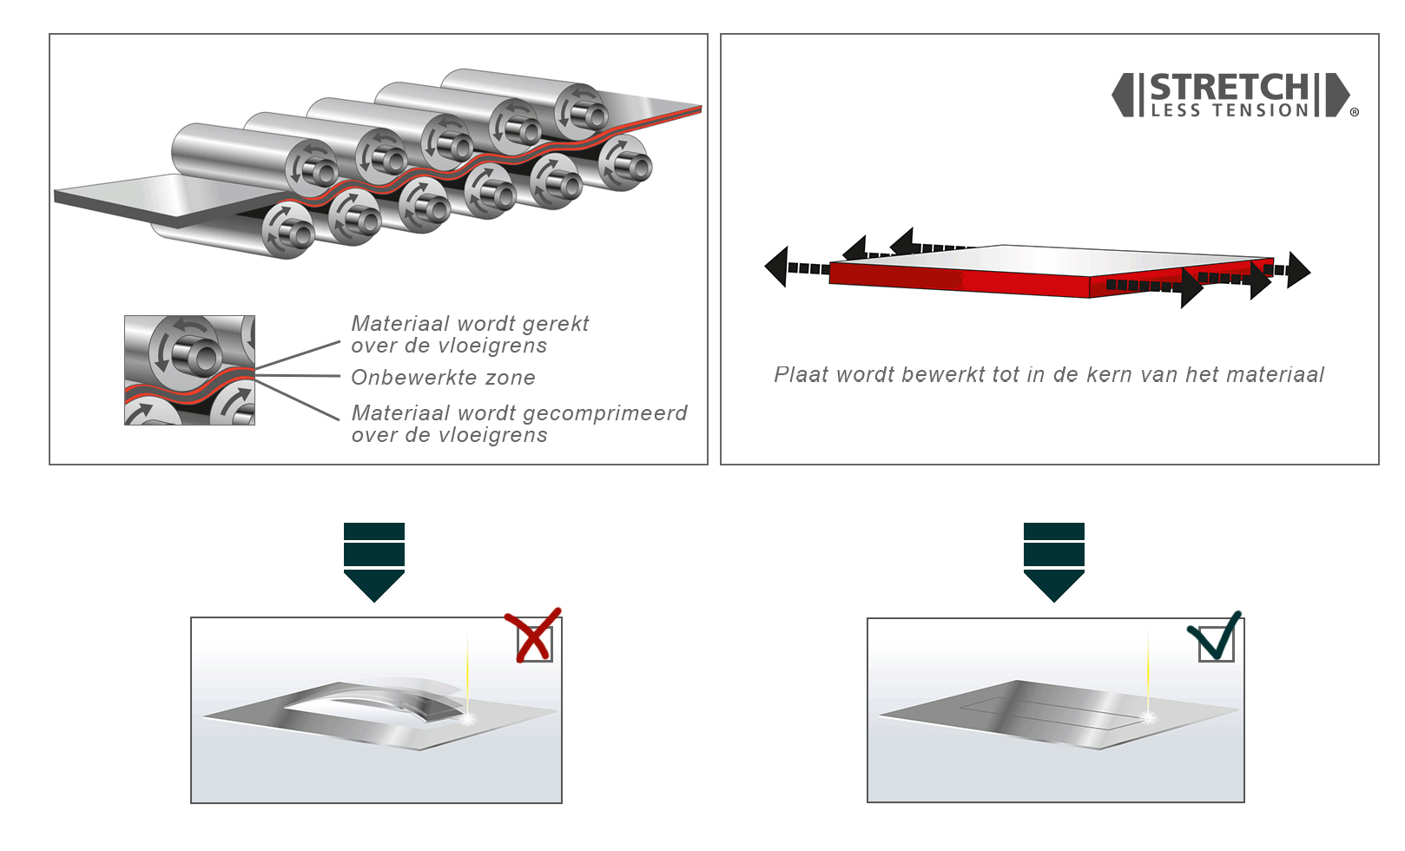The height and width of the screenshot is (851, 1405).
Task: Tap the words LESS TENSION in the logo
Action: tap(1230, 110)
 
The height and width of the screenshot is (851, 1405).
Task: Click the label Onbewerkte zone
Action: tap(443, 378)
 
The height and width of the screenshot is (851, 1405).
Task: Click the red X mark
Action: tap(533, 636)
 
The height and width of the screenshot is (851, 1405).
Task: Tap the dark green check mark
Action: tap(1215, 637)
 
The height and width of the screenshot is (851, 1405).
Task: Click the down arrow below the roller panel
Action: tap(374, 562)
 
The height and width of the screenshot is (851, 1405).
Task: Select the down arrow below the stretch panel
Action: tap(1054, 562)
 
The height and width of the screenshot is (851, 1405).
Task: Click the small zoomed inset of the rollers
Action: tap(189, 370)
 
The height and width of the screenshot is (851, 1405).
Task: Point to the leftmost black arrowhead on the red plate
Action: tap(776, 267)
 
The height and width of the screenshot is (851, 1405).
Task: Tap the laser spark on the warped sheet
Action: tap(468, 718)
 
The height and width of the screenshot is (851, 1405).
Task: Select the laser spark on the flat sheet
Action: tap(1148, 717)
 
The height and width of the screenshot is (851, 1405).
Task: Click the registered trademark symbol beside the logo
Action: tap(1354, 112)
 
